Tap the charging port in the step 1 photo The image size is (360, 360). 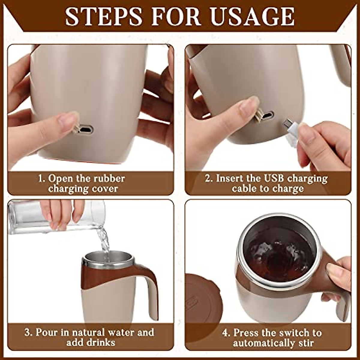click(x=85, y=130)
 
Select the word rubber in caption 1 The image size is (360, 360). click(x=109, y=178)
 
